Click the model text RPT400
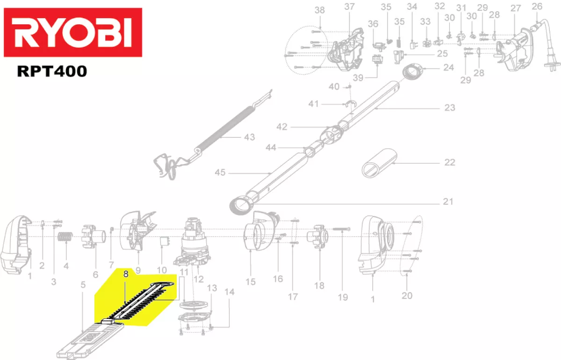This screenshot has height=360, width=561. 51,72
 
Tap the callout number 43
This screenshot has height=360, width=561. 250,137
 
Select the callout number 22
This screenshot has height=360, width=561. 449,163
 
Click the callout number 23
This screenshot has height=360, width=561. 449,108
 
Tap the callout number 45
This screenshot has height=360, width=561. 220,173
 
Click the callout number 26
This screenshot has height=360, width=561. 537,7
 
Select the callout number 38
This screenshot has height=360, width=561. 320,10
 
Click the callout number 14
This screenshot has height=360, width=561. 230,292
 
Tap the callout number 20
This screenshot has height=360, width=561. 407,295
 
